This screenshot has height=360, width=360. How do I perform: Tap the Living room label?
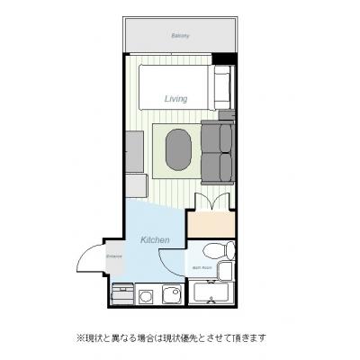175,98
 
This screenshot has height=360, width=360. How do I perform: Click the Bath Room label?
202,268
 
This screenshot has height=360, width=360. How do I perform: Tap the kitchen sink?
170,292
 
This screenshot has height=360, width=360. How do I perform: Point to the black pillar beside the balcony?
229,59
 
